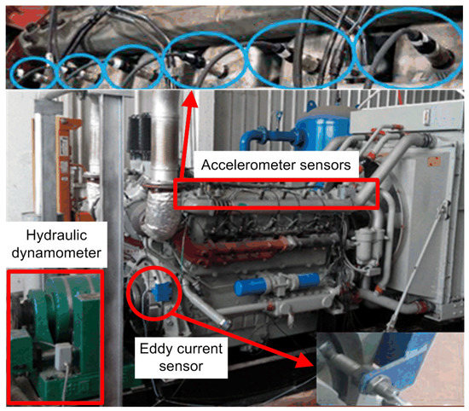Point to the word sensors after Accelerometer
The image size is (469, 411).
pyautogui.click(x=327, y=167)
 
